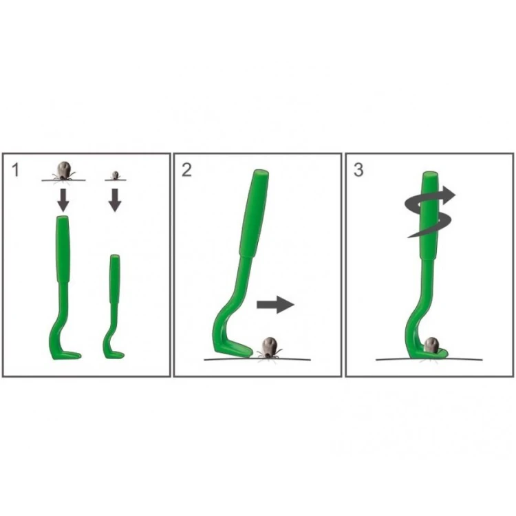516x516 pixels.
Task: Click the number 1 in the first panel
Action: (x=15, y=170)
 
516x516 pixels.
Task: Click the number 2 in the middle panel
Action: (x=186, y=170)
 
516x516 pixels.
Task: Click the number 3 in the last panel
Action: (x=358, y=170)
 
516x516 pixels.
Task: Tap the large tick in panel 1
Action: (x=64, y=171)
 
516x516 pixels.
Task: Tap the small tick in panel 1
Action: (x=115, y=175)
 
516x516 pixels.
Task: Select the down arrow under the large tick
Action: (x=63, y=200)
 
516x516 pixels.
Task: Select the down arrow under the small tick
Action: (x=115, y=200)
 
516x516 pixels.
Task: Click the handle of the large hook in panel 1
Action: (x=63, y=249)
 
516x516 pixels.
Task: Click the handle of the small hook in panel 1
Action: (x=115, y=279)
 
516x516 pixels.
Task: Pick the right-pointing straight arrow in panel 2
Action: (x=275, y=304)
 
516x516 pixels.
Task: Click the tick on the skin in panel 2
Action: (x=270, y=348)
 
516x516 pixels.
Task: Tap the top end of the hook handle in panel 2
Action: (x=261, y=172)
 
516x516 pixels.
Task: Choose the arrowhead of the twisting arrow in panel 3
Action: (x=449, y=195)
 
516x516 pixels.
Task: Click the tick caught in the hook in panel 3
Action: (x=431, y=345)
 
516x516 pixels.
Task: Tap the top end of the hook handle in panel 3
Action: (x=431, y=174)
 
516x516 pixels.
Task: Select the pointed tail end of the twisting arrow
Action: (x=409, y=237)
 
